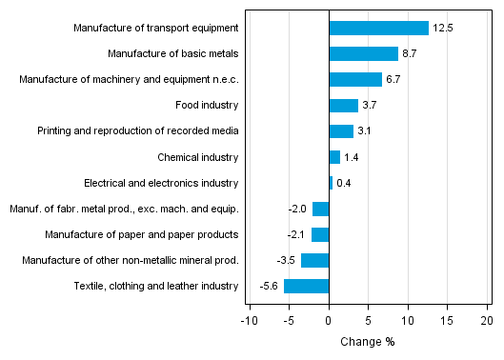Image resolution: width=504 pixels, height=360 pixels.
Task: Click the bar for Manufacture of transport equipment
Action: [378, 29]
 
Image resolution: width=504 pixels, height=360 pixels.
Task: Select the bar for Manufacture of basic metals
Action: [363, 54]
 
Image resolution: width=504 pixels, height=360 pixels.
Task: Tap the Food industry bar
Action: [343, 106]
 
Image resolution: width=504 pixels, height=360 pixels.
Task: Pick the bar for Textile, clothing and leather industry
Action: [306, 286]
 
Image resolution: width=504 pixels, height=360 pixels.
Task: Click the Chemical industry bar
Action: [334, 157]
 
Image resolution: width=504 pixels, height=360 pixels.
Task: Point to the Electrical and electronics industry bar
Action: [331, 183]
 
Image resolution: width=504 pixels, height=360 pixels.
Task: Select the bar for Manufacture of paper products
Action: [320, 234]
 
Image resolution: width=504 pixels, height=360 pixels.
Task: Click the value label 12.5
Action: [442, 29]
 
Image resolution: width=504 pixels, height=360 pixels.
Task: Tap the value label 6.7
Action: [395, 80]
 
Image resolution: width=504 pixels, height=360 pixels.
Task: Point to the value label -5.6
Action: [270, 286]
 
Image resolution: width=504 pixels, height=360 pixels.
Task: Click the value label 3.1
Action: [367, 131]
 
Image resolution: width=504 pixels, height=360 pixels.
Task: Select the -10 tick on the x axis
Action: [249, 321]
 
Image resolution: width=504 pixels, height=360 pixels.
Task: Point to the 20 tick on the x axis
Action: [487, 321]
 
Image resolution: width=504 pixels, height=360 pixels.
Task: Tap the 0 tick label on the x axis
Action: [329, 321]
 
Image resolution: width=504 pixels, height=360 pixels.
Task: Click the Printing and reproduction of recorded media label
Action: [138, 131]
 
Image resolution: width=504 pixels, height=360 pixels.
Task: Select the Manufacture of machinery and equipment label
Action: [129, 80]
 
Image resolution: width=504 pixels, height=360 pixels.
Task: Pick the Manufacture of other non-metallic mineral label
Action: [129, 260]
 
